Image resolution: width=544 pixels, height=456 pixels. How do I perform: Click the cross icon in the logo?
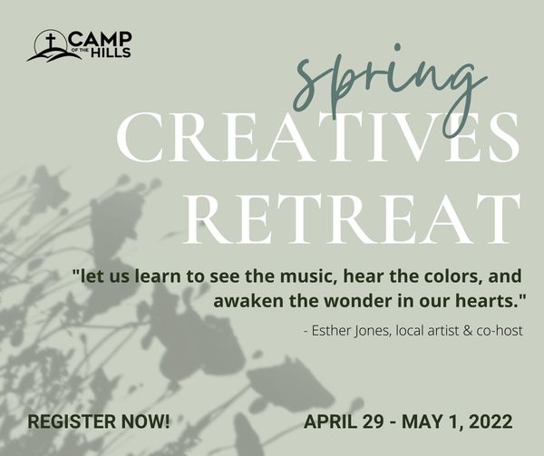point(51,42)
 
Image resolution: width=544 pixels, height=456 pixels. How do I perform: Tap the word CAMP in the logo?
point(101,39)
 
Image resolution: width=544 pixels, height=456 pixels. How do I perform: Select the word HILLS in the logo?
point(111,53)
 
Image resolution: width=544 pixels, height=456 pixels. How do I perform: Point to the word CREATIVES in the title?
point(318,137)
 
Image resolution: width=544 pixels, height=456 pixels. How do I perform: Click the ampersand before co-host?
point(468,331)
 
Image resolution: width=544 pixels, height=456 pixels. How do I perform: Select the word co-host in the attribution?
point(500,331)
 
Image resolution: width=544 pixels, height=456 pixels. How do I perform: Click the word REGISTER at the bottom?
point(72,422)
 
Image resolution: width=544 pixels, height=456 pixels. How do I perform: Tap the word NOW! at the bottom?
point(146,422)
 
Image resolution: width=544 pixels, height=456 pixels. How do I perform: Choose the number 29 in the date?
point(373,422)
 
